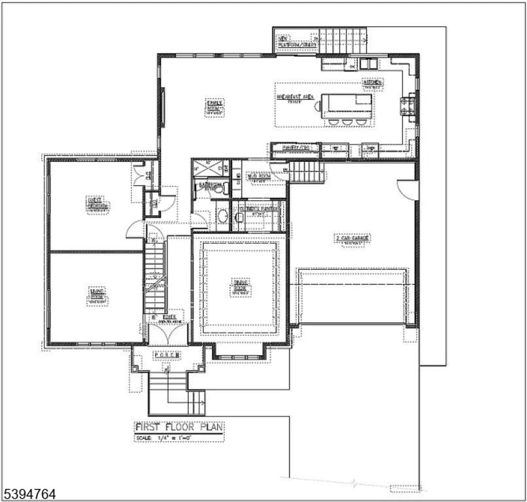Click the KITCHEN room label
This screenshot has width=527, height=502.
click(373, 83)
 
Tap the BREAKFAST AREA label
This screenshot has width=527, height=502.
click(296, 98)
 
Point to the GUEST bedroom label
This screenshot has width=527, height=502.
click(98, 204)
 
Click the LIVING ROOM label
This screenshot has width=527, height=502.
click(97, 297)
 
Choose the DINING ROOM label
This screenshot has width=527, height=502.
click(240, 288)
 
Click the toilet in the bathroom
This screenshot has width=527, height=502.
click(224, 189)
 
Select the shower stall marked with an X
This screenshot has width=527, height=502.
click(208, 168)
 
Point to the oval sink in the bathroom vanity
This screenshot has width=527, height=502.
click(222, 215)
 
